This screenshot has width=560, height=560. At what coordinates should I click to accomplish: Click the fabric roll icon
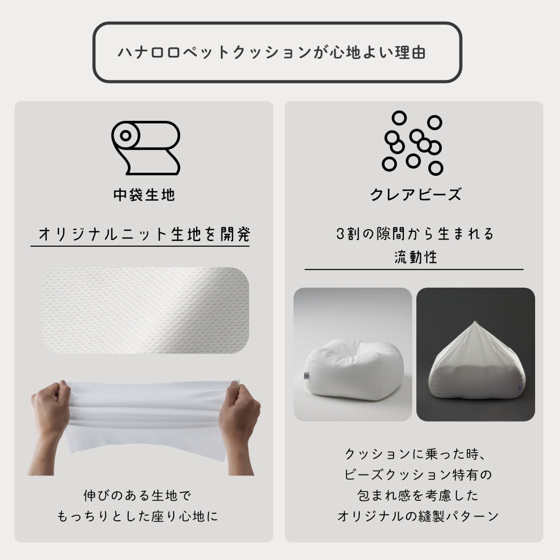coord(146,148)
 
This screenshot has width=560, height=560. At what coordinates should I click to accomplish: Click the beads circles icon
coord(413,143)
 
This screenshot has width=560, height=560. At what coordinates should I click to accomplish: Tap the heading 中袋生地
coord(144,195)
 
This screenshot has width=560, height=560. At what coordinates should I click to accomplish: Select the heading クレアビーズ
coord(416,194)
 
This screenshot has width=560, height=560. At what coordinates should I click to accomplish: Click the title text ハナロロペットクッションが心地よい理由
coord(272,52)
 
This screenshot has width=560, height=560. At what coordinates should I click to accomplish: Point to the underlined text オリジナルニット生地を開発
coord(144,234)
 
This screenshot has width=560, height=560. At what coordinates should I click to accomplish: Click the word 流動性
coord(416,257)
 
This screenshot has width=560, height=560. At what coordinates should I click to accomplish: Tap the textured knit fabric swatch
coord(146,311)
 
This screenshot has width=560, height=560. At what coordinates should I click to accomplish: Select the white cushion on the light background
coord(354,370)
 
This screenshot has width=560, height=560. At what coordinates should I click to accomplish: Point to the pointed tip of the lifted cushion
coord(474,321)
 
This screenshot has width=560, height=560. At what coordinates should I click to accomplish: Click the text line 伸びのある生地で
coord(137,496)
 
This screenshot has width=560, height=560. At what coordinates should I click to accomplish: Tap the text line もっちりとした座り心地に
coord(137,516)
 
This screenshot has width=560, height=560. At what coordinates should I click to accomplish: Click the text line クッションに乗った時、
coord(415,454)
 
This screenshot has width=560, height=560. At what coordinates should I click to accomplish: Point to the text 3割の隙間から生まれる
coord(415,234)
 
